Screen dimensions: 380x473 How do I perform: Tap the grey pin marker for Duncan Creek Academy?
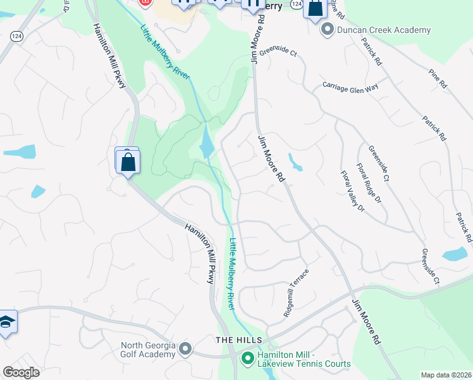click(x=328, y=29)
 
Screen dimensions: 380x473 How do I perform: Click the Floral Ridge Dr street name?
click(x=369, y=184)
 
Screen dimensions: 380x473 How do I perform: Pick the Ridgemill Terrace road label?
click(x=296, y=293)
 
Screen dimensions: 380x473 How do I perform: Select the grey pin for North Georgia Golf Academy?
click(x=185, y=349)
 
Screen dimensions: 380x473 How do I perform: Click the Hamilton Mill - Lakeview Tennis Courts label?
click(x=304, y=360)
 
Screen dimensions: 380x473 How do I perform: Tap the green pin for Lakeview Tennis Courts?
click(x=247, y=360)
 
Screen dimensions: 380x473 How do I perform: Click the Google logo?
click(x=21, y=372)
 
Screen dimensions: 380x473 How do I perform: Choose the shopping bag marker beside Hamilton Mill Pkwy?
click(x=128, y=161)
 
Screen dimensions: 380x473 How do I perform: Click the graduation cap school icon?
click(x=6, y=322)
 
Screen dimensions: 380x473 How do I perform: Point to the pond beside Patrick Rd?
click(x=455, y=255)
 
